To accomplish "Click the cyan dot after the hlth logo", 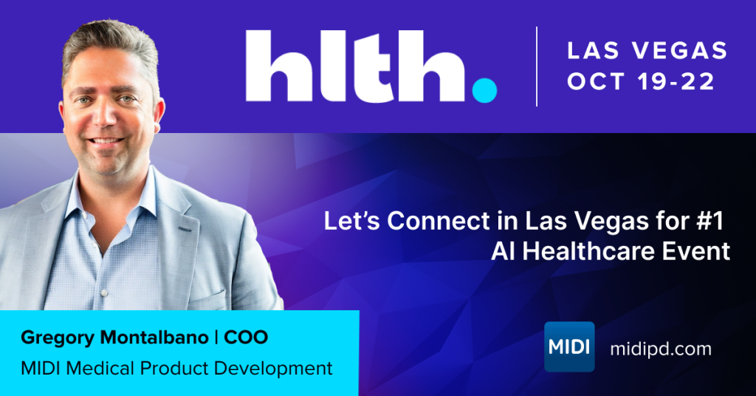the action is click(484, 90).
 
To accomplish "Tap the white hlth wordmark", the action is click(356, 66).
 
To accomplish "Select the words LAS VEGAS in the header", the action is click(647, 51).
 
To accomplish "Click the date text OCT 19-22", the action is click(641, 81).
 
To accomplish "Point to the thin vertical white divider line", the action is click(537, 66).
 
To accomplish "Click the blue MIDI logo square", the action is click(569, 346).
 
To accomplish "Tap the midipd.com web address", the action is click(661, 348).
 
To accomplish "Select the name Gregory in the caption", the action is click(58, 338).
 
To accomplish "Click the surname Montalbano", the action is click(154, 337).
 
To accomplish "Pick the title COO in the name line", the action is click(246, 337).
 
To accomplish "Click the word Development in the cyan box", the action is click(273, 369).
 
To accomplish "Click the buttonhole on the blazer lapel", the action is click(185, 228).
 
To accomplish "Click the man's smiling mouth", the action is click(106, 141).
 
